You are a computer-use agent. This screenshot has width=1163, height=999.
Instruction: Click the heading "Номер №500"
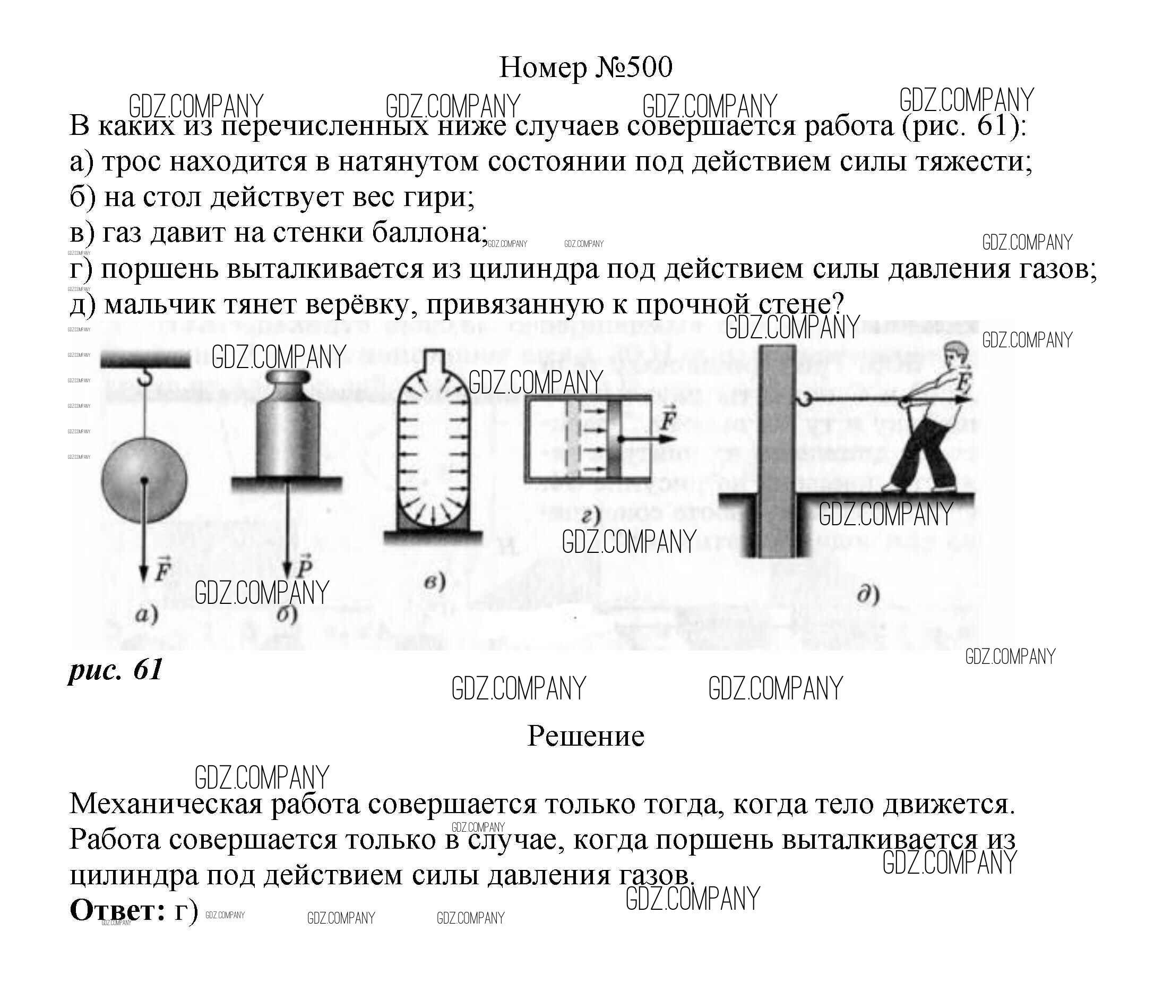(585, 68)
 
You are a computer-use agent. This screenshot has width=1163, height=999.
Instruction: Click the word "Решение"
(585, 736)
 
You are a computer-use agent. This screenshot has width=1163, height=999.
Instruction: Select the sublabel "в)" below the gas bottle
(434, 582)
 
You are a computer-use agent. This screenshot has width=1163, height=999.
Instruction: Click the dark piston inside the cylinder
(614, 439)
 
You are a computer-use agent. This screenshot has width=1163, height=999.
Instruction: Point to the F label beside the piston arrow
(667, 420)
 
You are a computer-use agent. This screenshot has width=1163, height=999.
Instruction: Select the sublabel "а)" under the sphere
(147, 614)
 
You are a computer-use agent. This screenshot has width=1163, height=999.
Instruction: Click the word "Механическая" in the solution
(166, 805)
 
